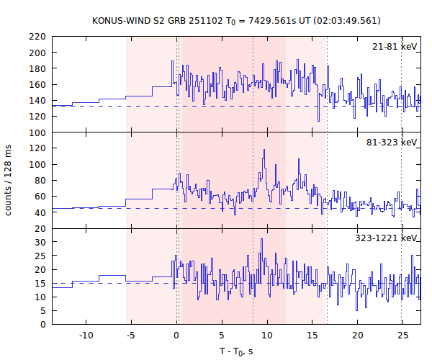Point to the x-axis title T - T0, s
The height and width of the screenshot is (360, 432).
click(x=236, y=351)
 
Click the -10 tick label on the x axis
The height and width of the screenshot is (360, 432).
click(x=86, y=336)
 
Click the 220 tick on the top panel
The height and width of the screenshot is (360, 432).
click(x=38, y=37)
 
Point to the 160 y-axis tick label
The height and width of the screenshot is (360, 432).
click(x=38, y=84)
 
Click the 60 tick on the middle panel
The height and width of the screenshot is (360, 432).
click(x=41, y=197)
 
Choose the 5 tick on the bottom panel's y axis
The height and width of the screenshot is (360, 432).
click(x=43, y=310)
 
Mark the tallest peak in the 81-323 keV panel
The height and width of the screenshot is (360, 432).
click(x=264, y=150)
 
